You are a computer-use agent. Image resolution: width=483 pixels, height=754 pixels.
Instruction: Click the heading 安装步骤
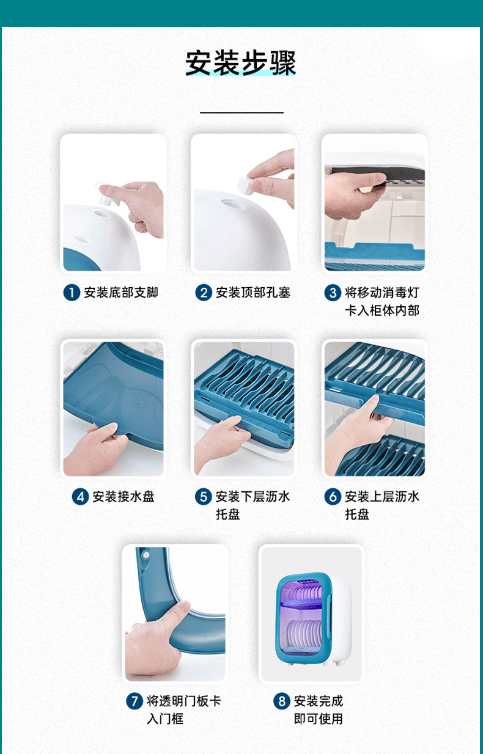(x=241, y=63)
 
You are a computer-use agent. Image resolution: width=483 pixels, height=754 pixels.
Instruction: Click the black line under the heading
(x=242, y=112)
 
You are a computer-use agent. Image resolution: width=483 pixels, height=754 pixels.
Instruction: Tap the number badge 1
(x=72, y=293)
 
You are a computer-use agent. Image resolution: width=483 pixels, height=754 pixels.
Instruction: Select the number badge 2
(x=203, y=293)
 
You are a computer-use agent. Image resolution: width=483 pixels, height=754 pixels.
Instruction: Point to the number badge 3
(x=332, y=293)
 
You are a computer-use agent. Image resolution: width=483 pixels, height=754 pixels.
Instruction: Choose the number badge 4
(x=80, y=496)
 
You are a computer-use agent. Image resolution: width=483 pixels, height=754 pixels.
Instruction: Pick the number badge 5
(x=203, y=496)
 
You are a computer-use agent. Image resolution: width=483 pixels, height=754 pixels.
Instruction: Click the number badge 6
(x=332, y=496)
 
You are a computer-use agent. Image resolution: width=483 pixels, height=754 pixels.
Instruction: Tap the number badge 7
(x=135, y=701)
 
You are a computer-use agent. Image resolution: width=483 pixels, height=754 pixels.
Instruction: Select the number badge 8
(x=281, y=701)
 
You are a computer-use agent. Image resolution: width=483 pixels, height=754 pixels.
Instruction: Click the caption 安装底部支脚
(x=121, y=293)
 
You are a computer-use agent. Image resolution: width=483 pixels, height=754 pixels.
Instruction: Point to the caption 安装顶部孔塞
(x=253, y=293)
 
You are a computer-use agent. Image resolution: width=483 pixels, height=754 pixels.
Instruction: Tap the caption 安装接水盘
(x=124, y=496)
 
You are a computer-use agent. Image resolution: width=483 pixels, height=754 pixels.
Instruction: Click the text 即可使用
(x=318, y=719)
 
